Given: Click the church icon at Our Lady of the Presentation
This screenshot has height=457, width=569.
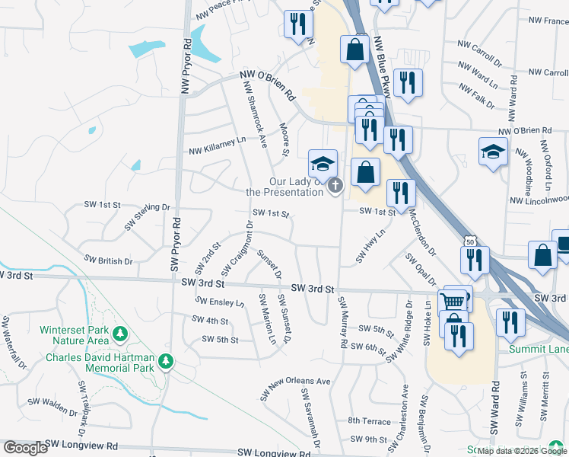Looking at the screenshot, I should click(335, 185).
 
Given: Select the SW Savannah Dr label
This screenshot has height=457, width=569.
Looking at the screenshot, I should click(310, 418).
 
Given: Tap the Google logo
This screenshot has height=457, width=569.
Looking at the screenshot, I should click(25, 448).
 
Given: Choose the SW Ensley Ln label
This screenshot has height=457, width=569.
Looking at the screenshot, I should click(218, 302).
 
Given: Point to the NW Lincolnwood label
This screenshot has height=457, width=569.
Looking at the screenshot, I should click(539, 200).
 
